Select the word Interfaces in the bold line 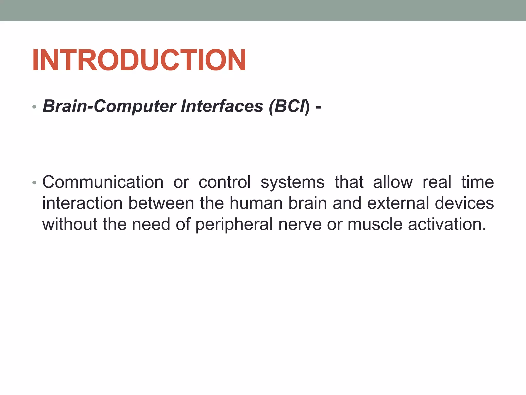click(222, 106)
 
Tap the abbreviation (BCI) click(289, 106)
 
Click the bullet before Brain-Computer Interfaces click(34, 107)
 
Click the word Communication click(103, 182)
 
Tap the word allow click(393, 182)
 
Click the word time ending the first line click(477, 182)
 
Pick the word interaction click(82, 203)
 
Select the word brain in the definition click(307, 203)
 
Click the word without click(70, 224)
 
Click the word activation click(447, 224)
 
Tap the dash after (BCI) click(318, 106)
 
